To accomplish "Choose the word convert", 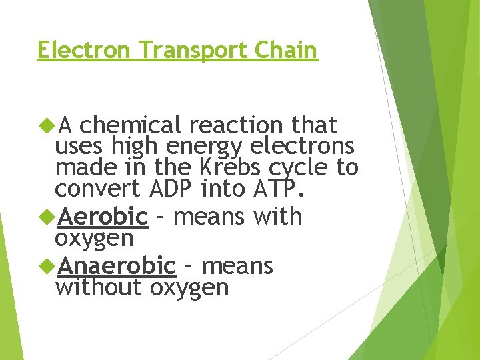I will pos(98,189).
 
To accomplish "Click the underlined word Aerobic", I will pos(103,217).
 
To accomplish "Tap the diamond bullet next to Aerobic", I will pos(48,217).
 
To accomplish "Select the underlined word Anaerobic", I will pos(117,266).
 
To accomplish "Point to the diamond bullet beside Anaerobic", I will pos(48,266).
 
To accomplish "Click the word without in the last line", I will pos(99,287).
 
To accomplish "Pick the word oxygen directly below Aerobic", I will pos(94,239).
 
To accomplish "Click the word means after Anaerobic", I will pos(237,266).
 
